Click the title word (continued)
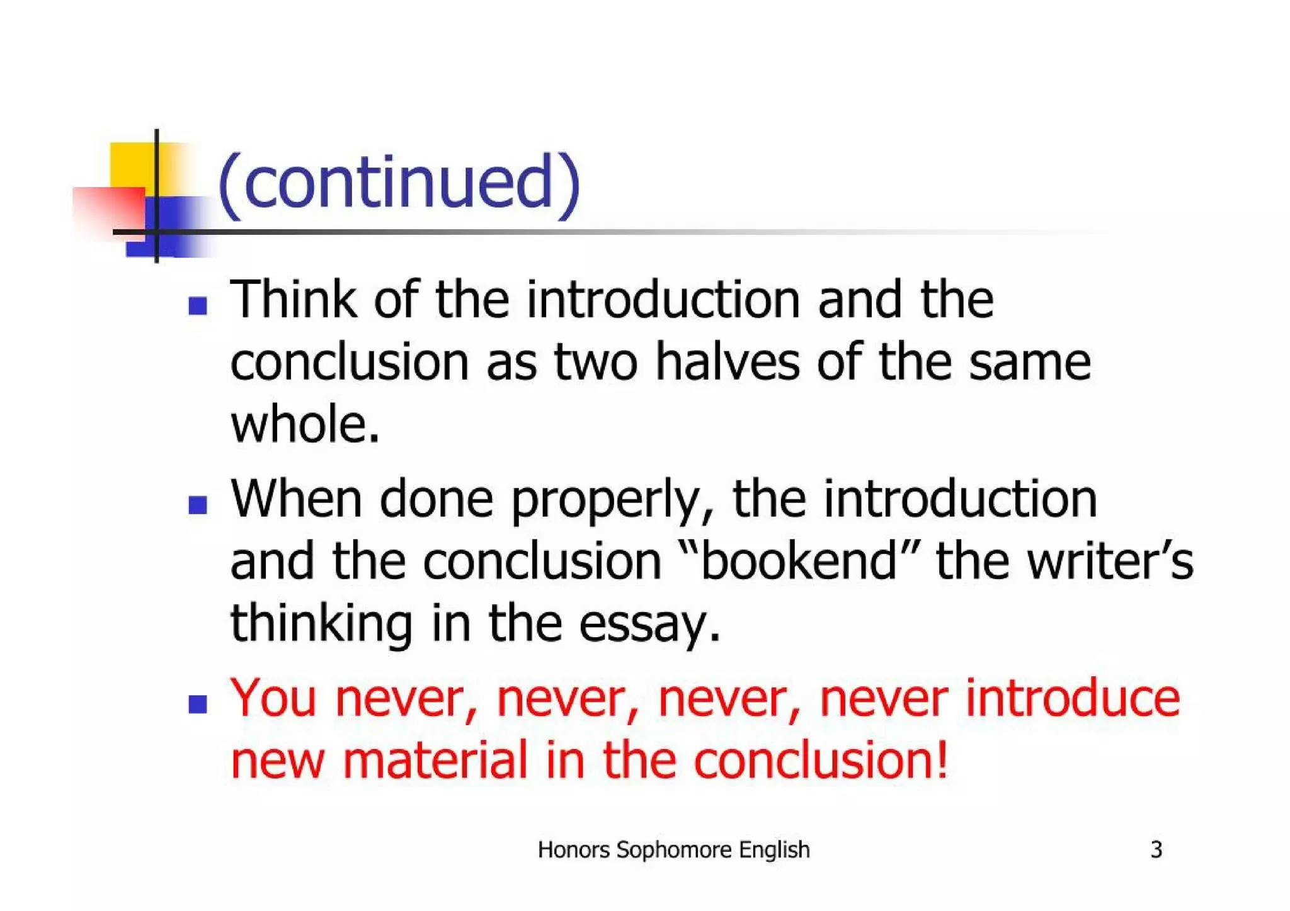coord(398,183)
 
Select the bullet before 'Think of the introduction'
coord(198,306)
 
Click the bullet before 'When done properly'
coord(198,505)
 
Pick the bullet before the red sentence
coord(198,704)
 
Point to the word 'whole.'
coord(305,424)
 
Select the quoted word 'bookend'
coord(799,560)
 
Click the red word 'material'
coord(435,760)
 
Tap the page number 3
coord(1156,850)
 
